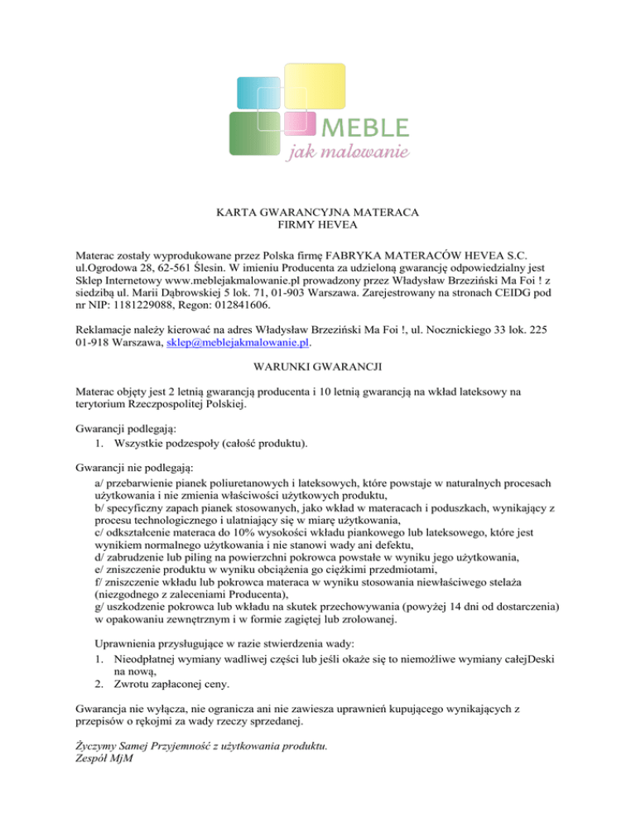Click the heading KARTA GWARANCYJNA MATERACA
pyautogui.click(x=317, y=212)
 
